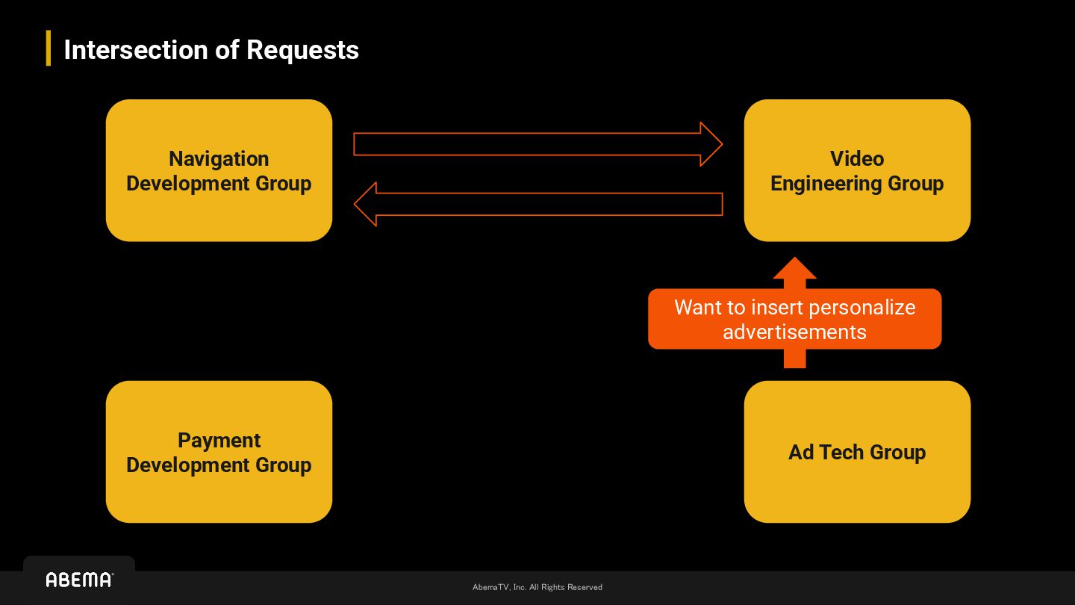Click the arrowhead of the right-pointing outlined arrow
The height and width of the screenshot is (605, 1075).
[x=711, y=144]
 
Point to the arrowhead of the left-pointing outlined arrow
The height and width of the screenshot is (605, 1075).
[x=365, y=204]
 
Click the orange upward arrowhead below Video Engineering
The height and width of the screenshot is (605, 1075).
[x=794, y=270]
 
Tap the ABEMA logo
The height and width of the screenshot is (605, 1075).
[x=79, y=580]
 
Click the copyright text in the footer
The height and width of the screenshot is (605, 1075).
[x=537, y=587]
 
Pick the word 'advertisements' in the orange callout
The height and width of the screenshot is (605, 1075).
[x=794, y=332]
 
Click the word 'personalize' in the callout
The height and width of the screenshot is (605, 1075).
[x=862, y=308]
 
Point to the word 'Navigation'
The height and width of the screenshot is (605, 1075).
[x=219, y=159]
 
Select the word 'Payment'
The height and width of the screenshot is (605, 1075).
[x=219, y=441]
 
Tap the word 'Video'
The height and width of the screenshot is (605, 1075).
[x=857, y=159]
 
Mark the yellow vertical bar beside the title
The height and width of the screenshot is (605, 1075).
[x=49, y=48]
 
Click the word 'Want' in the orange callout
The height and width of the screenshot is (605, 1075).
[x=699, y=308]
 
